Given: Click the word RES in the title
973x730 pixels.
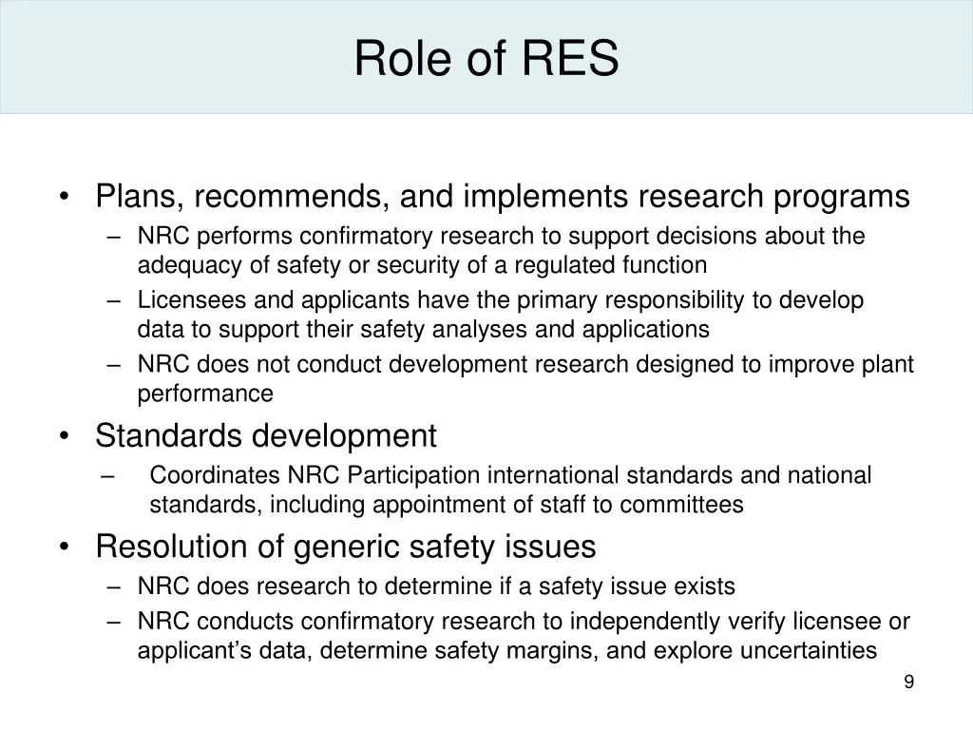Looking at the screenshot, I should coord(569,59).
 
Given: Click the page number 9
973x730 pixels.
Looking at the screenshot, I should coord(909,682).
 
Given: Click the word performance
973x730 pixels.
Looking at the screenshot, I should coord(205,394).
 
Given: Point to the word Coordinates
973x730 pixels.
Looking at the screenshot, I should coord(215,474).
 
